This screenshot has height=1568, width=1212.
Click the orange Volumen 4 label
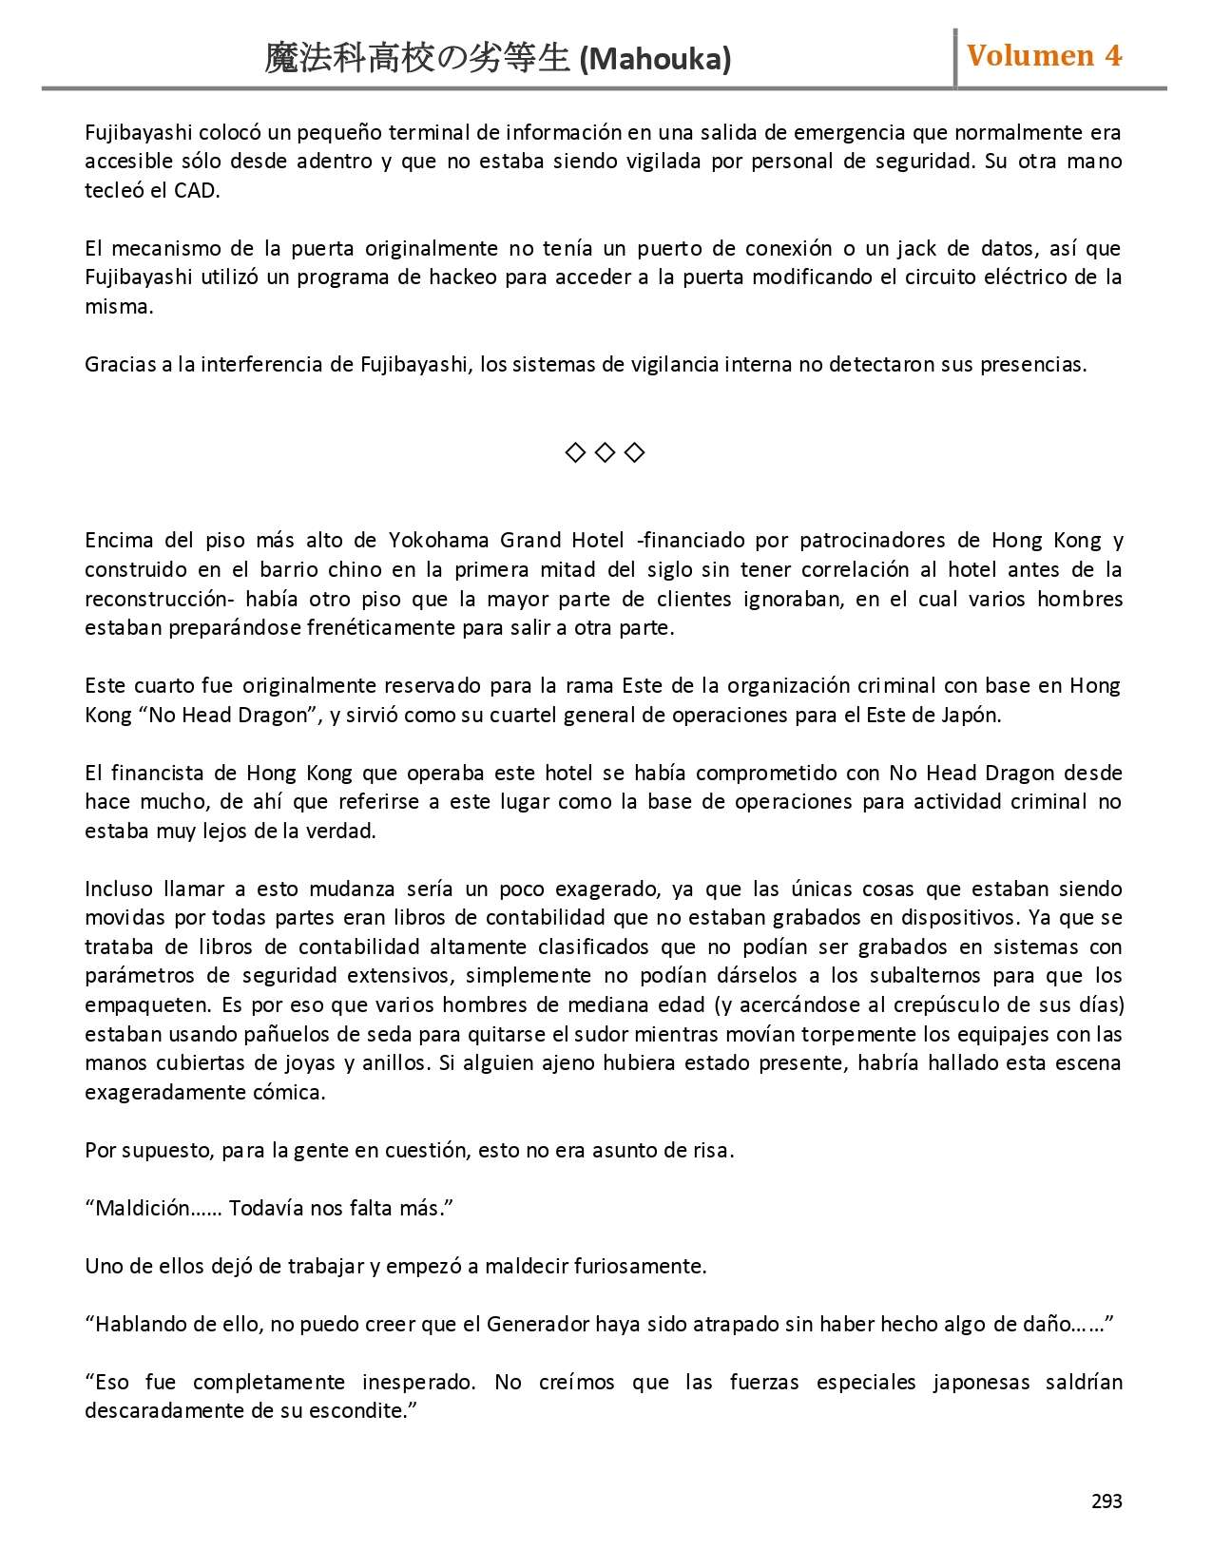pyautogui.click(x=1044, y=56)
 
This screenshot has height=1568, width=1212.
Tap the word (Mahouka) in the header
pyautogui.click(x=655, y=60)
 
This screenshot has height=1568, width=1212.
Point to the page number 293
pyautogui.click(x=1106, y=1501)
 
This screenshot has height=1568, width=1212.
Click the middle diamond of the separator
pyautogui.click(x=605, y=452)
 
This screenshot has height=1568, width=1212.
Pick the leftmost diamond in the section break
pyautogui.click(x=574, y=452)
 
